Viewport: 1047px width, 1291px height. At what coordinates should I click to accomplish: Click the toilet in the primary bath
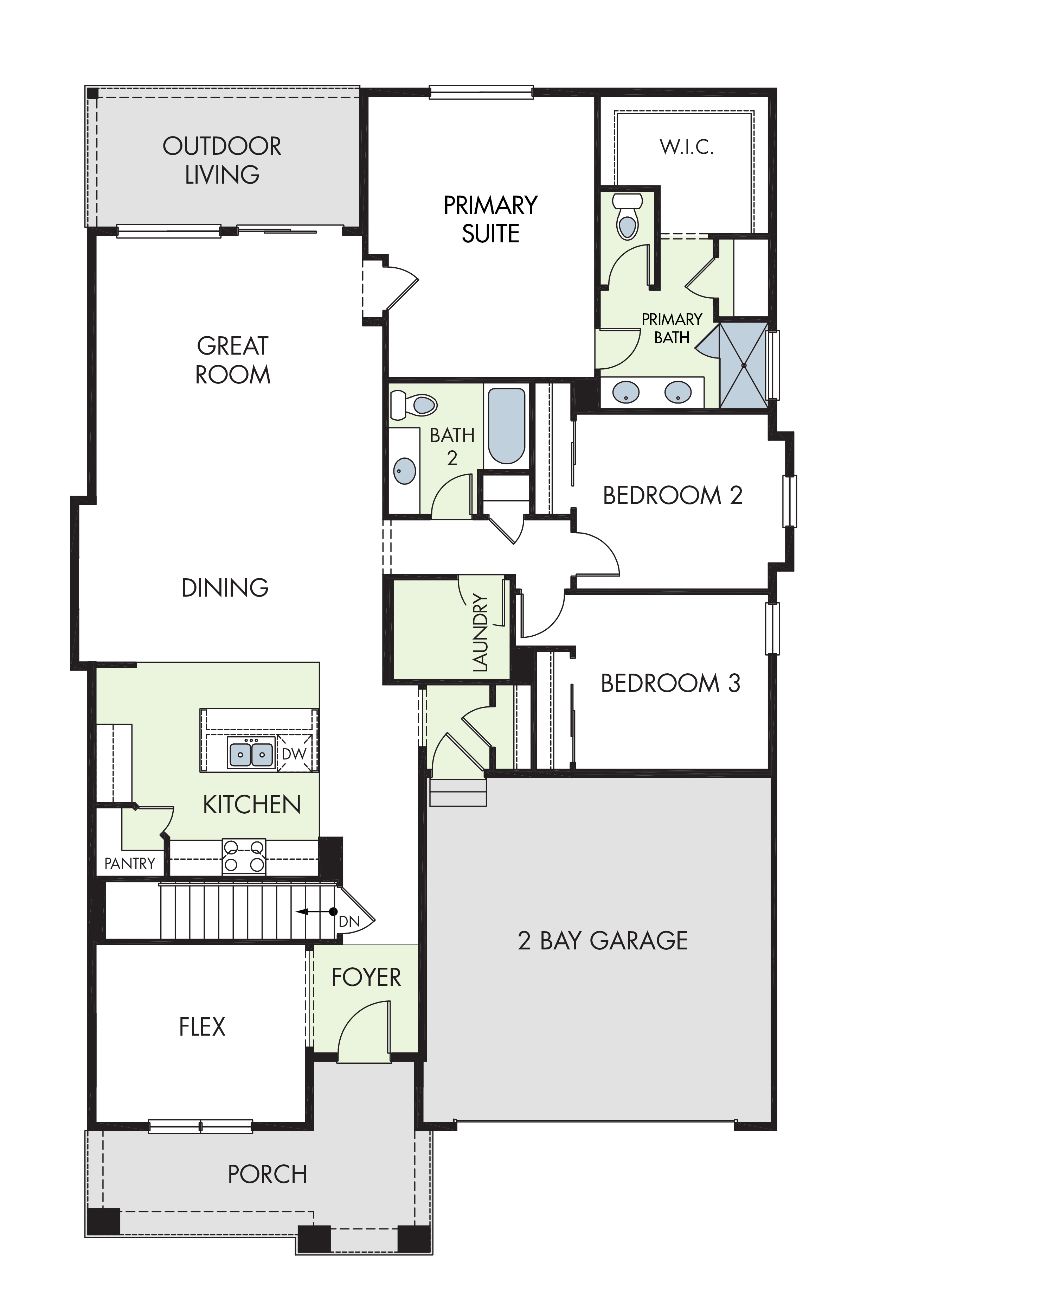pos(627,216)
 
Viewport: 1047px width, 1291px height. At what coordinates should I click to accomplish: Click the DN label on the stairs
pos(349,921)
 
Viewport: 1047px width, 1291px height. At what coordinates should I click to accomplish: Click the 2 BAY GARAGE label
pos(603,941)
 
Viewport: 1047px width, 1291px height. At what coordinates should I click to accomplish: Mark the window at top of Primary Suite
pos(481,92)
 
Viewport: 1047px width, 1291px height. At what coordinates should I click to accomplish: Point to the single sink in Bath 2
pos(405,471)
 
